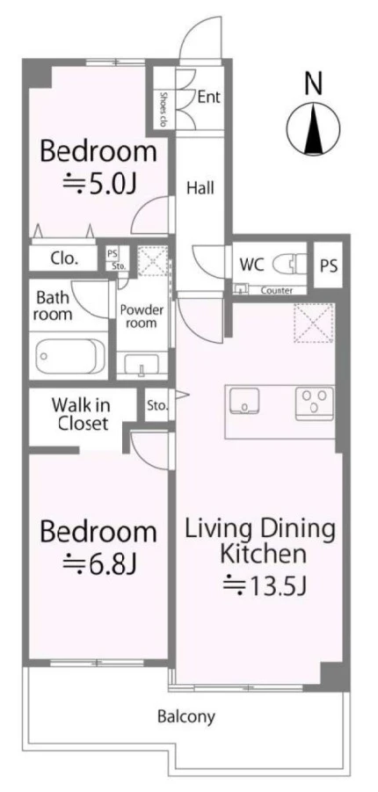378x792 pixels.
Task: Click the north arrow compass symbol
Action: click(313, 129)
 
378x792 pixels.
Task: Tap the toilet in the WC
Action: click(289, 263)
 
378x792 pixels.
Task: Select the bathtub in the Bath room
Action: click(70, 356)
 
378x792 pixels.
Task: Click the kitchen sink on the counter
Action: click(244, 401)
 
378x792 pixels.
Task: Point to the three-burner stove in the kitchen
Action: click(315, 403)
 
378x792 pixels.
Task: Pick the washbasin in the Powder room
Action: click(142, 363)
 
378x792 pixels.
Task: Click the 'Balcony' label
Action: click(186, 716)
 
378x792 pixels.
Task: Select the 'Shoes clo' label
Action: click(164, 109)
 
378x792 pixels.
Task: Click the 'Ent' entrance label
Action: click(208, 97)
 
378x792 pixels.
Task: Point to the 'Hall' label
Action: click(200, 188)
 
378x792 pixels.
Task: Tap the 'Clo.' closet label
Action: click(65, 258)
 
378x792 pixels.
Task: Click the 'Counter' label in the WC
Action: click(277, 291)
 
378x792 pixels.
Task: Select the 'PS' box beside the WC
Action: click(329, 265)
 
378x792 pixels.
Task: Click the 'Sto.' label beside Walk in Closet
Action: click(157, 404)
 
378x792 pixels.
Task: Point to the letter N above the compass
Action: click(313, 84)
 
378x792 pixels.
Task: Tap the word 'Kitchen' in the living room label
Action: click(265, 554)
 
